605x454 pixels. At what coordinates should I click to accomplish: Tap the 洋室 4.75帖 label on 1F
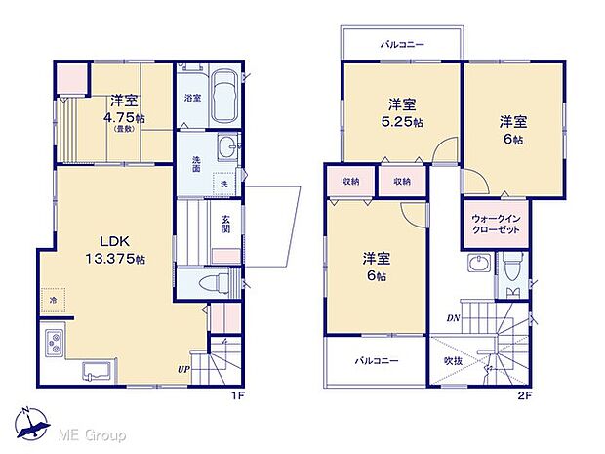point(122,111)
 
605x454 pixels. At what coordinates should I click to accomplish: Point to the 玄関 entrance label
point(225,224)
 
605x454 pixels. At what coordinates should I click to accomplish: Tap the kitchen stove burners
point(54,344)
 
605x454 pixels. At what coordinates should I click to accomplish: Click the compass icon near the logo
point(31,423)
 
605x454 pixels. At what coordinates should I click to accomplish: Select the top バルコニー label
point(400,44)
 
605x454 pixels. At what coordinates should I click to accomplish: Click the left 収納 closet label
point(351,182)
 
